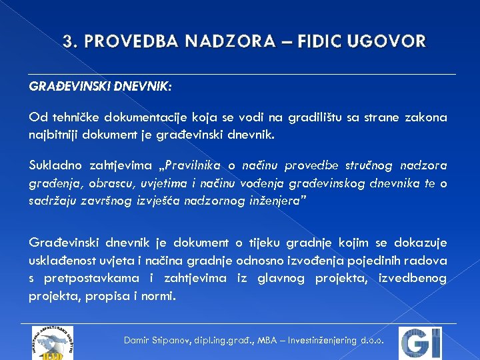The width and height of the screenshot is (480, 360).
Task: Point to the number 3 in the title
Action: [x=67, y=41]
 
